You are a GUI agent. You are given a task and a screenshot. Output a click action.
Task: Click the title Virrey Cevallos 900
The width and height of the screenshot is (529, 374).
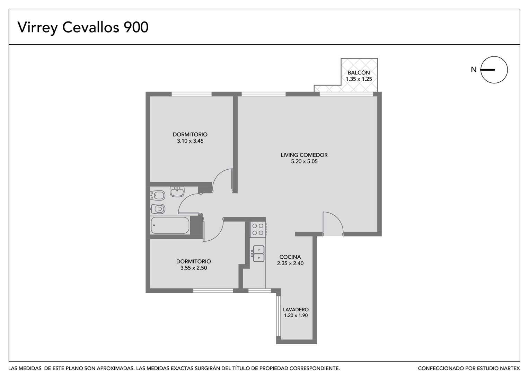click(x=83, y=28)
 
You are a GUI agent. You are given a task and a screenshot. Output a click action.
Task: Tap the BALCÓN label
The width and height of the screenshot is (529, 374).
click(x=359, y=72)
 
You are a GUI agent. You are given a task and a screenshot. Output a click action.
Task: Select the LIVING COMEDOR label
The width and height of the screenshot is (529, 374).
click(x=304, y=155)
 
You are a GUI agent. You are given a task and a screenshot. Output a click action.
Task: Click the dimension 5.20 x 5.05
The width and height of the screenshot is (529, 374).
click(x=304, y=161)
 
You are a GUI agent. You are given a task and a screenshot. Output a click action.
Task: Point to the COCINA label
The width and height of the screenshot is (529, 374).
click(x=290, y=257)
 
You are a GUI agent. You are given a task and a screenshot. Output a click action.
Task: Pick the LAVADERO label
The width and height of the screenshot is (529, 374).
click(x=296, y=309)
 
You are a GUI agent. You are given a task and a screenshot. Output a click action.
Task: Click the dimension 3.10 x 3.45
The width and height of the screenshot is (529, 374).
click(x=190, y=141)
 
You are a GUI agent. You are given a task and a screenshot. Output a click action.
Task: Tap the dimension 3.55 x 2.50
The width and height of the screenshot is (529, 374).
click(x=194, y=268)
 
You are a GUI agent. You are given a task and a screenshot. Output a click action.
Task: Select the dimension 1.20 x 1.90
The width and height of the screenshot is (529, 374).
click(x=296, y=315)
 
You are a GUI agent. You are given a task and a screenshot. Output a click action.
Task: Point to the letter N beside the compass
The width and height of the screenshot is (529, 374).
click(x=474, y=70)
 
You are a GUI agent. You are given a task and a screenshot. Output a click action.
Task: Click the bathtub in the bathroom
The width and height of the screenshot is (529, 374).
click(x=170, y=225)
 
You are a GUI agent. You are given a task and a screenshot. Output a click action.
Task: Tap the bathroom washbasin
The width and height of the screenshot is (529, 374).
click(x=177, y=192)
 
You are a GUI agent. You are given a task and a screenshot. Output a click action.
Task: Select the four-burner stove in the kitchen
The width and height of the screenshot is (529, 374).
click(x=258, y=229)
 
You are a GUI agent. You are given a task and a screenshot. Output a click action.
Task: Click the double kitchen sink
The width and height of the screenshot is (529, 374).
click(x=258, y=253)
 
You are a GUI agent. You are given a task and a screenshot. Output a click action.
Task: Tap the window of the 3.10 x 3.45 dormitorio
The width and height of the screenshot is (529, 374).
click(x=192, y=94)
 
